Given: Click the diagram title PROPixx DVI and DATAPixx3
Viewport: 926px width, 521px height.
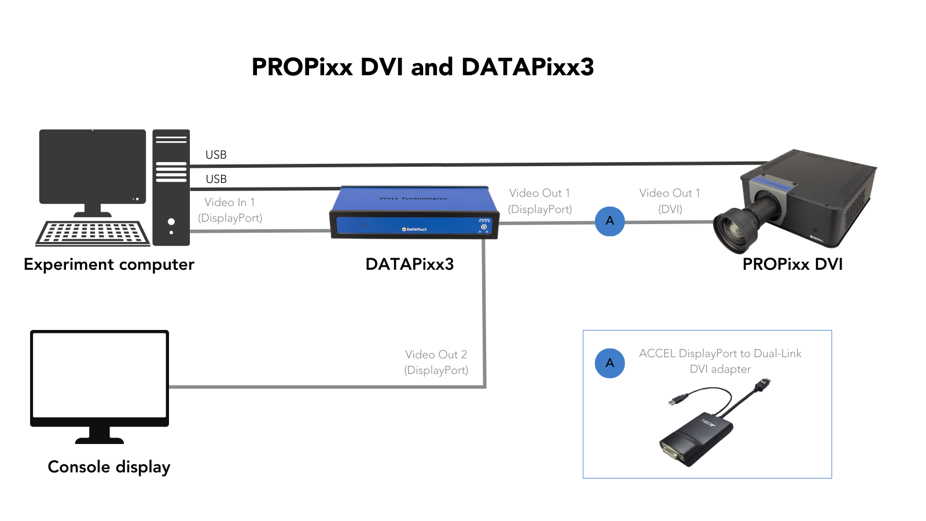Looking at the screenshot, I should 422,67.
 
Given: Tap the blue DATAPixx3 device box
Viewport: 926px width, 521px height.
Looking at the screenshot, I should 414,212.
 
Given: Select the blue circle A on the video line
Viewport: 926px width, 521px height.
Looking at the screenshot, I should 609,221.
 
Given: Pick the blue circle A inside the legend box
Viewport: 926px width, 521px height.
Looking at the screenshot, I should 609,363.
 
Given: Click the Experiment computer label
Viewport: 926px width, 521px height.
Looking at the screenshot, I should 109,265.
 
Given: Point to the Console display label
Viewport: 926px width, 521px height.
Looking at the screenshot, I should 109,467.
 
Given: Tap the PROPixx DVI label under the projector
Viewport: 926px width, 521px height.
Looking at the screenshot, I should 792,265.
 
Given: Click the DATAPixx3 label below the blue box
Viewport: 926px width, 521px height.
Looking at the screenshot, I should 409,265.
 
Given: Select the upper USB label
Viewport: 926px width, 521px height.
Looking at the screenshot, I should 216,155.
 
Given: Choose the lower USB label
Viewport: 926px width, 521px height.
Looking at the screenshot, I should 216,179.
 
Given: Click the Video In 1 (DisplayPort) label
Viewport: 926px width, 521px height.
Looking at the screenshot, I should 230,210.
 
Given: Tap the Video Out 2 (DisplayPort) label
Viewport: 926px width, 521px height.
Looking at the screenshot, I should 436,362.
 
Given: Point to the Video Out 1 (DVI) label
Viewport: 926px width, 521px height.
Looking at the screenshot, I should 670,201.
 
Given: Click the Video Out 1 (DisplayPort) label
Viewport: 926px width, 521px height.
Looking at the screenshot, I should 539,201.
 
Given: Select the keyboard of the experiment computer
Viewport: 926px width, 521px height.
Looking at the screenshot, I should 93,233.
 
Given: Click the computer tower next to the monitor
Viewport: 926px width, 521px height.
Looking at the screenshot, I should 171,188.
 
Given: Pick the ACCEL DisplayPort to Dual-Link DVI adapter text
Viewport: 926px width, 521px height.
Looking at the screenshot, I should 720,361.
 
